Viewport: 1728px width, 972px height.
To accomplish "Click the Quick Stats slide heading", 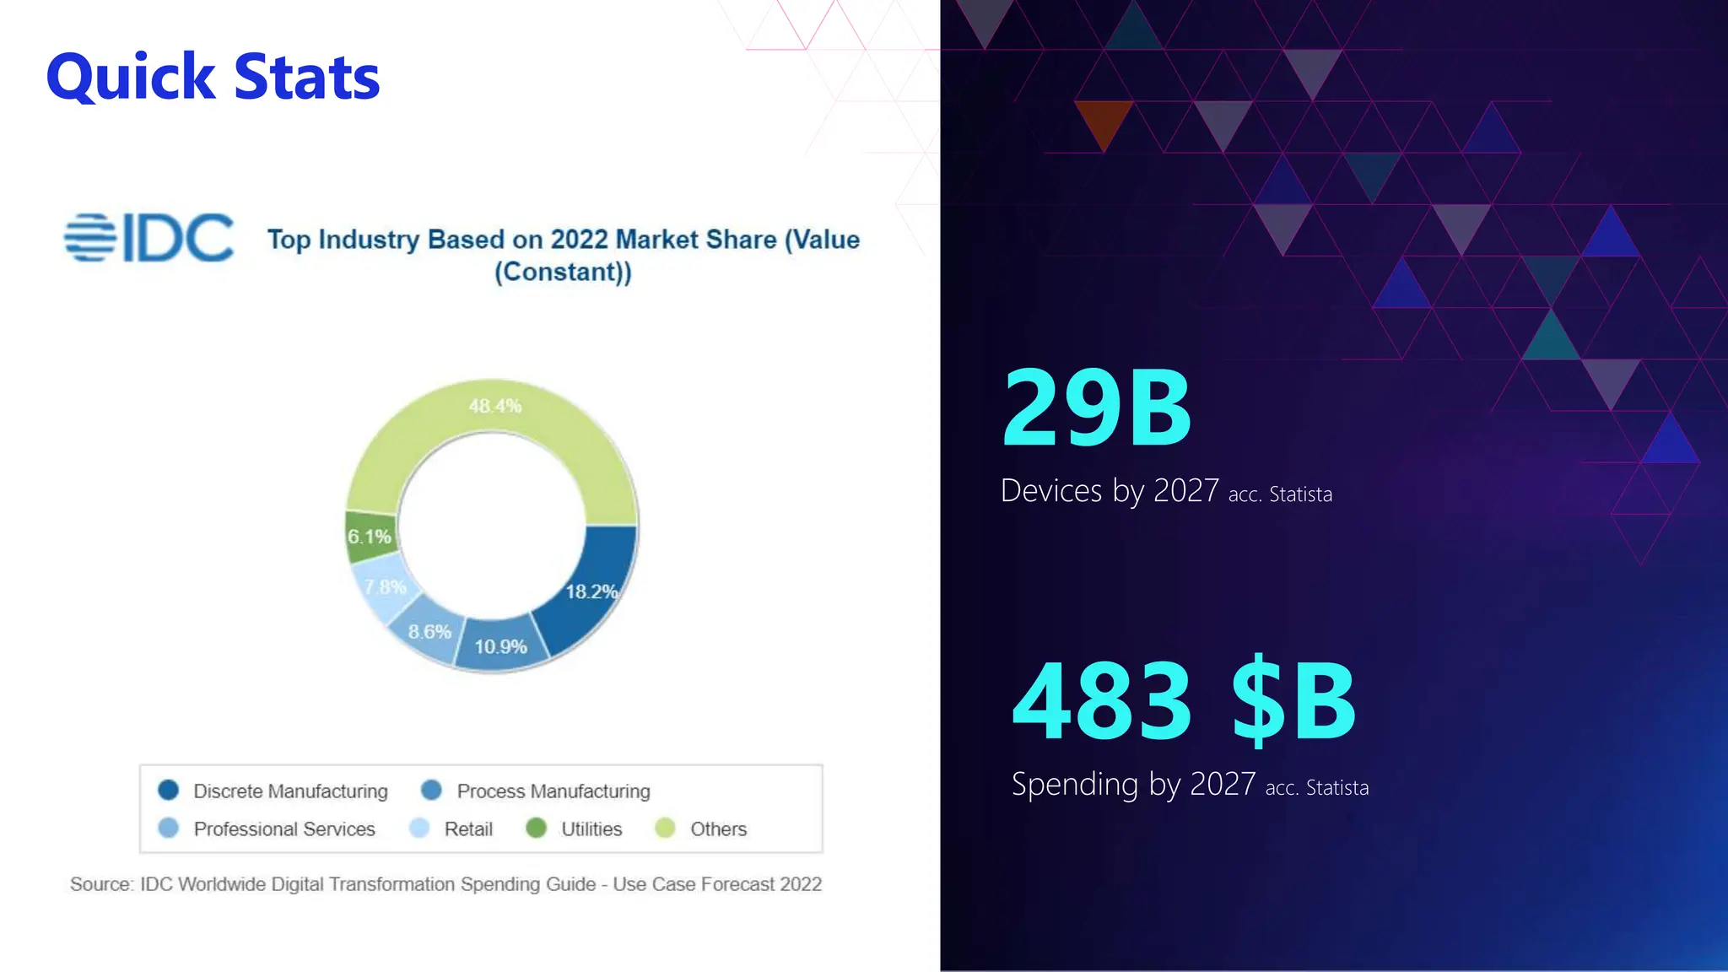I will coord(213,77).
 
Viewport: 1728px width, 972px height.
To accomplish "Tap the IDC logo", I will coord(149,237).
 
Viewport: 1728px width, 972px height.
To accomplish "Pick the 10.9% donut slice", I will coord(500,646).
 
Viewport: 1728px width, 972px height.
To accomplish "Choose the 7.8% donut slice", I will coord(385,587).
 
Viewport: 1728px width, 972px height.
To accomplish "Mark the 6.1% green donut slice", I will coord(370,537).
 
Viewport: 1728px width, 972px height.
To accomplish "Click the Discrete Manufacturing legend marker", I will coord(169,790).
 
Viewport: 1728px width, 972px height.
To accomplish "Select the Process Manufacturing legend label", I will coord(553,791).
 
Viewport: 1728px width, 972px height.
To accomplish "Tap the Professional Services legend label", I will coord(284,829).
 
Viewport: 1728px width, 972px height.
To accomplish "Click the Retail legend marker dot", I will coord(419,828).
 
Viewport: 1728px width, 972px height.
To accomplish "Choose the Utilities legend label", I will coord(591,829).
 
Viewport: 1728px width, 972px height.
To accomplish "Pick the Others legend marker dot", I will coord(665,828).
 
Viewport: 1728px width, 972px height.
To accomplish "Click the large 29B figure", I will coord(1097,408).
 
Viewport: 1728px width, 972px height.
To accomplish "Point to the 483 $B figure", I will coord(1184,701).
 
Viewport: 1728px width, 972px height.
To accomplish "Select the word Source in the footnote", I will coord(100,884).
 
